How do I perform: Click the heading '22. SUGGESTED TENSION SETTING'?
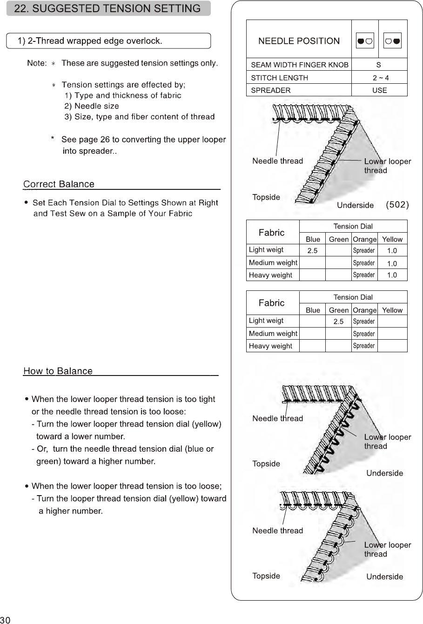click(107, 8)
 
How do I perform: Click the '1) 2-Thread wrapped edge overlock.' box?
click(108, 41)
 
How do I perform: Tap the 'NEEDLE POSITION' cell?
click(299, 41)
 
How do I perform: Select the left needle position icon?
click(365, 41)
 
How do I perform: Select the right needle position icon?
click(393, 41)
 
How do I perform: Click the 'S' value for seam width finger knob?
click(379, 65)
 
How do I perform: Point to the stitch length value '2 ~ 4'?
click(379, 78)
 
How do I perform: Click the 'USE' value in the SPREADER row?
click(379, 90)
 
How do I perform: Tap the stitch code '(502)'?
click(397, 205)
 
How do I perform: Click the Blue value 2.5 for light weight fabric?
click(312, 251)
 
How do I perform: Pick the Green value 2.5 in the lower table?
click(338, 322)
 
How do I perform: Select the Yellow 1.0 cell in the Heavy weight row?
click(392, 275)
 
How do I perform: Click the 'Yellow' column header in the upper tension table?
click(392, 239)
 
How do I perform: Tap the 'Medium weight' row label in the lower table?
click(273, 334)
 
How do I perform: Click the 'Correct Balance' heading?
click(59, 184)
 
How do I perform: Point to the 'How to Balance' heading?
click(58, 371)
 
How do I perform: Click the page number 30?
click(6, 619)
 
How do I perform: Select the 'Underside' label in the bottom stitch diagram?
click(384, 577)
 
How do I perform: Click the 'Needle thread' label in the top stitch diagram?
click(277, 161)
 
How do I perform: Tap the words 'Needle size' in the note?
click(96, 106)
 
